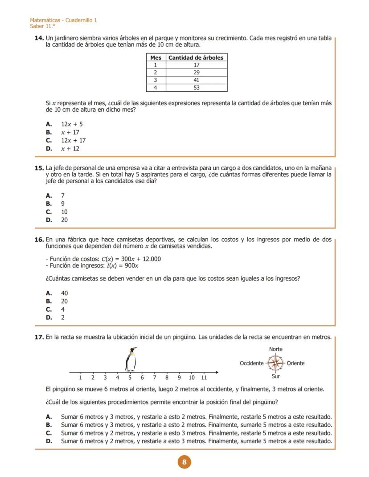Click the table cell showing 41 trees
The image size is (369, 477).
pyautogui.click(x=197, y=80)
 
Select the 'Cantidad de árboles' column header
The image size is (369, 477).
pyautogui.click(x=196, y=57)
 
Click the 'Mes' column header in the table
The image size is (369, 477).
pyautogui.click(x=156, y=57)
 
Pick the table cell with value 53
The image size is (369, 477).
pyautogui.click(x=197, y=88)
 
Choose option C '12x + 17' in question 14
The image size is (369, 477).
pyautogui.click(x=73, y=140)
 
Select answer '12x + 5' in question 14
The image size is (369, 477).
pyautogui.click(x=72, y=124)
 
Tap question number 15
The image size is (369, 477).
pyautogui.click(x=39, y=168)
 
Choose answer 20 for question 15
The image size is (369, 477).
pyautogui.click(x=64, y=220)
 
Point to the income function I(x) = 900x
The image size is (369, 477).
pyautogui.click(x=122, y=266)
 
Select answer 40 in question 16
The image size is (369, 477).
pyautogui.click(x=64, y=293)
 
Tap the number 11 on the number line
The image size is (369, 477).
pyautogui.click(x=204, y=378)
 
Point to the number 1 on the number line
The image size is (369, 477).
pyautogui.click(x=81, y=378)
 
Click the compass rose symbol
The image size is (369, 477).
pyautogui.click(x=276, y=363)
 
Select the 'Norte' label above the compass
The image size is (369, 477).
pyautogui.click(x=276, y=349)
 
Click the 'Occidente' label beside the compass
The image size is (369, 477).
pyautogui.click(x=251, y=363)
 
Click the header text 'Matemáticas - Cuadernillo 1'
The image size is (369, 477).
pyautogui.click(x=63, y=20)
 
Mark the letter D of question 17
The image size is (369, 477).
pyautogui.click(x=49, y=441)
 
